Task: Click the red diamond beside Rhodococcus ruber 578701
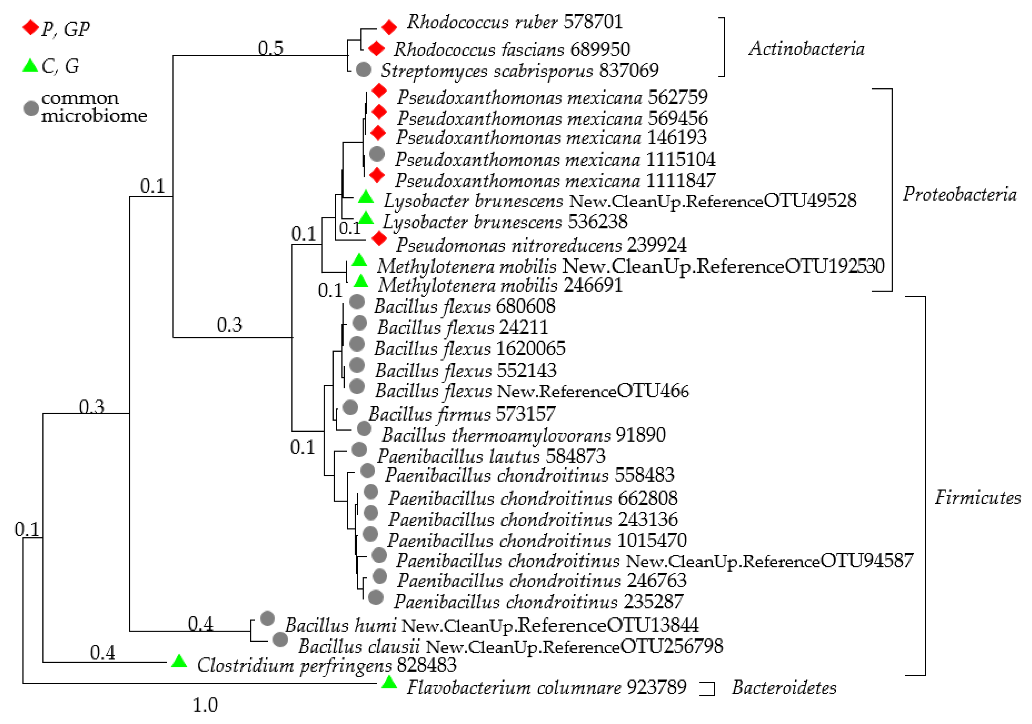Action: click(x=389, y=27)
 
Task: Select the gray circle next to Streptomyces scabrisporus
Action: click(x=363, y=69)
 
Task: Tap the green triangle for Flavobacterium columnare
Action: click(x=389, y=683)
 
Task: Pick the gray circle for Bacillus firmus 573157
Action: click(x=350, y=408)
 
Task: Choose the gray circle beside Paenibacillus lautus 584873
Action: click(x=359, y=449)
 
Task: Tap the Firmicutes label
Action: click(x=978, y=498)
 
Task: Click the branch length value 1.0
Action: click(x=205, y=705)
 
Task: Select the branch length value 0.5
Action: click(x=271, y=48)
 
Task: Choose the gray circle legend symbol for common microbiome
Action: click(x=31, y=108)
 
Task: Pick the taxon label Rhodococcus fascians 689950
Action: click(x=512, y=49)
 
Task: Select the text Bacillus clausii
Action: click(x=359, y=646)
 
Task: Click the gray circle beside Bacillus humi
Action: click(x=267, y=619)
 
